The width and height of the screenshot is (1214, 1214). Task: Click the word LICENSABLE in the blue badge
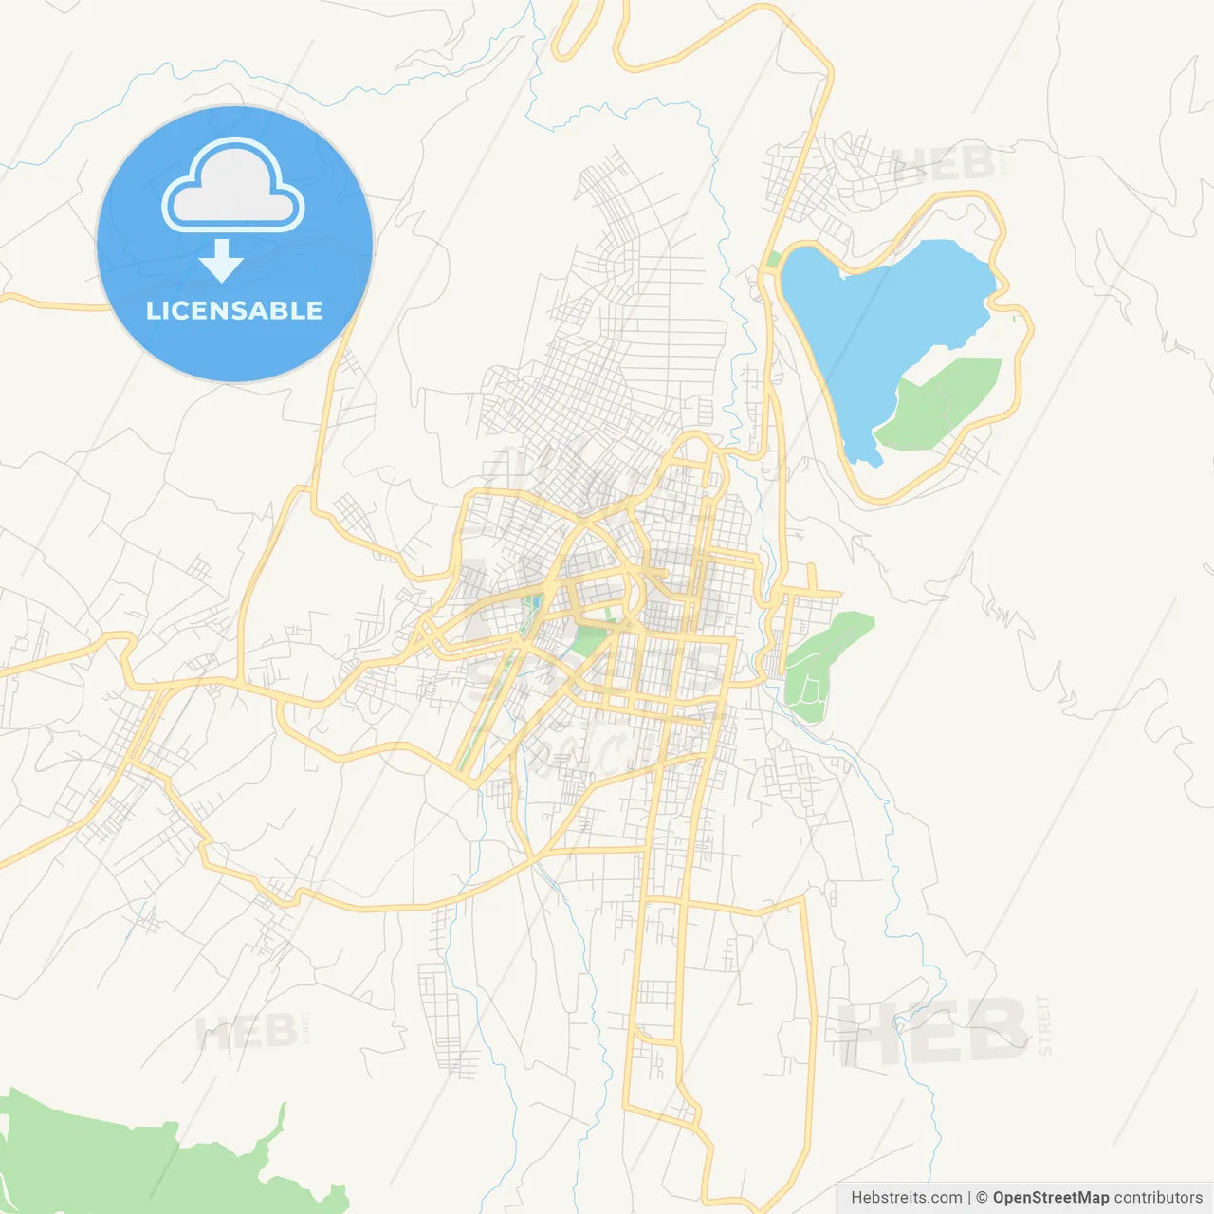(234, 310)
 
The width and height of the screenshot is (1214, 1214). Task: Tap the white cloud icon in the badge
(233, 186)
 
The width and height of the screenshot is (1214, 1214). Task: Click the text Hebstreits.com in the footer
(906, 1198)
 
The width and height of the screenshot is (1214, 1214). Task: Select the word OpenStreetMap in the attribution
(1050, 1198)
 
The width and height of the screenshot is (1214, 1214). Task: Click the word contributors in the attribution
(1158, 1198)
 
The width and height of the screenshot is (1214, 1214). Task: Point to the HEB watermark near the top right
(944, 163)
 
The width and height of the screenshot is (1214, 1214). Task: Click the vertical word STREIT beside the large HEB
(1045, 1025)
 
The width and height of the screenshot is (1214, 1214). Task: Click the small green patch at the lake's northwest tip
(774, 259)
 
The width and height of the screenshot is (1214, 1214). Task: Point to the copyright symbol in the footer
(982, 1198)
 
